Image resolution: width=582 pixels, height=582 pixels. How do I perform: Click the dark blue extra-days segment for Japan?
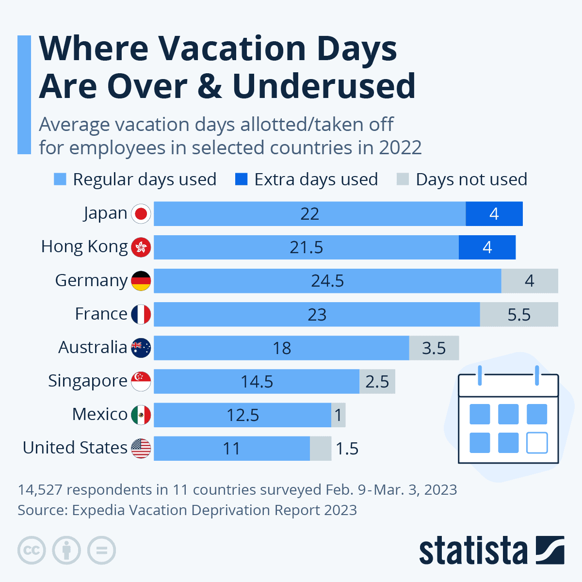coord(494,214)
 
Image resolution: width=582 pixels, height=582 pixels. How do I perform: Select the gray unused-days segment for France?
coord(519,314)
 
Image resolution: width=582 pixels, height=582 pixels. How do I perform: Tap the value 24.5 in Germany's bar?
coord(327,281)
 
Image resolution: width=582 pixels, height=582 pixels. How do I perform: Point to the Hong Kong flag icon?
coord(141,247)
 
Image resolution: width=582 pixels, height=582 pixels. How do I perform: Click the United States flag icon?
coord(141,448)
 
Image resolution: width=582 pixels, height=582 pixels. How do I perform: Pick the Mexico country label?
coord(99,414)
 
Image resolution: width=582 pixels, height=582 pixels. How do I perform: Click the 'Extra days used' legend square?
coord(241,179)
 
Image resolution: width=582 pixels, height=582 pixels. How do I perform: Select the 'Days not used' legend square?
coord(403,179)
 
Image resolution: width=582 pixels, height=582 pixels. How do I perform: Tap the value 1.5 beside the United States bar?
coord(347,449)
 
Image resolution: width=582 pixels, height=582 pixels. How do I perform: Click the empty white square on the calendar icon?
coord(537,442)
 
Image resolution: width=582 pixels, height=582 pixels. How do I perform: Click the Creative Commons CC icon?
coord(32,550)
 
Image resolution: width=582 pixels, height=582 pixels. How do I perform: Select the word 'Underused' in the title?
coord(324,86)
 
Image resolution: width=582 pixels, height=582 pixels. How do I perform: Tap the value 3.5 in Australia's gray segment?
coord(434,348)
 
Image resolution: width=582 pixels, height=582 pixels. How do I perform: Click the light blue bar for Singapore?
coord(257,381)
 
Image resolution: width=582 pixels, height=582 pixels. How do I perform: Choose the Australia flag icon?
coord(141,348)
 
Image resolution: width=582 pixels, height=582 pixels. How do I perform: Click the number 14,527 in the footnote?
coord(40,489)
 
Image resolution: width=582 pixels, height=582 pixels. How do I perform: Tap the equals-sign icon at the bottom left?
coord(102,550)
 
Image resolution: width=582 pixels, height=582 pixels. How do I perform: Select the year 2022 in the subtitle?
coord(400,147)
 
